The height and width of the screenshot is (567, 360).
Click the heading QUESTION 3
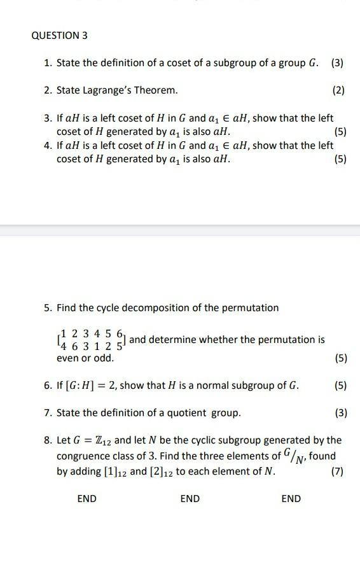click(x=59, y=36)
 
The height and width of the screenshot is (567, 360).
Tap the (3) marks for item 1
click(x=337, y=63)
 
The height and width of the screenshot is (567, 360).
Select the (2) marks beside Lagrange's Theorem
click(x=338, y=91)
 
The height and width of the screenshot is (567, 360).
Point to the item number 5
click(x=48, y=308)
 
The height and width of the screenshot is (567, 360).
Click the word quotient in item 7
click(x=175, y=413)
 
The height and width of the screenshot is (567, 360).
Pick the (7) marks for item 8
click(x=338, y=472)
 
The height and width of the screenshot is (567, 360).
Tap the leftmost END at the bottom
click(x=87, y=499)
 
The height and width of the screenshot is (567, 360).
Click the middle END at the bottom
click(x=190, y=499)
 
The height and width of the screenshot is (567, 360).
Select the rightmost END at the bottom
click(x=291, y=499)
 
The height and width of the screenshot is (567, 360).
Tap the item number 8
click(x=48, y=440)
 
